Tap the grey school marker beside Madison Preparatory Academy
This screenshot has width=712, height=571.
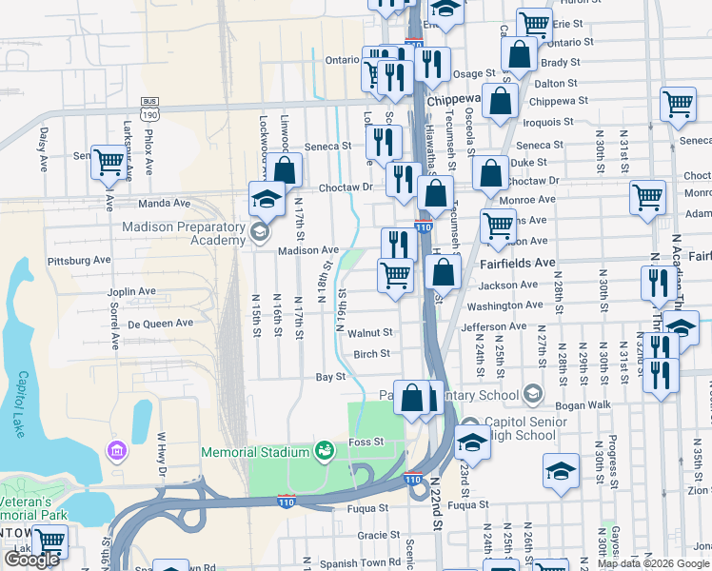tap(258, 232)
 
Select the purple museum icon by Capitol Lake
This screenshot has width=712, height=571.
tap(117, 448)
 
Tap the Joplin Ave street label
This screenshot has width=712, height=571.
tap(132, 291)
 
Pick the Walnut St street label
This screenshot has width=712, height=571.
tap(370, 333)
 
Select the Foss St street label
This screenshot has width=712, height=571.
tap(366, 442)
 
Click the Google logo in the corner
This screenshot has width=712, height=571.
tap(31, 560)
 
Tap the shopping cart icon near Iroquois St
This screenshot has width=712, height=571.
tap(678, 104)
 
